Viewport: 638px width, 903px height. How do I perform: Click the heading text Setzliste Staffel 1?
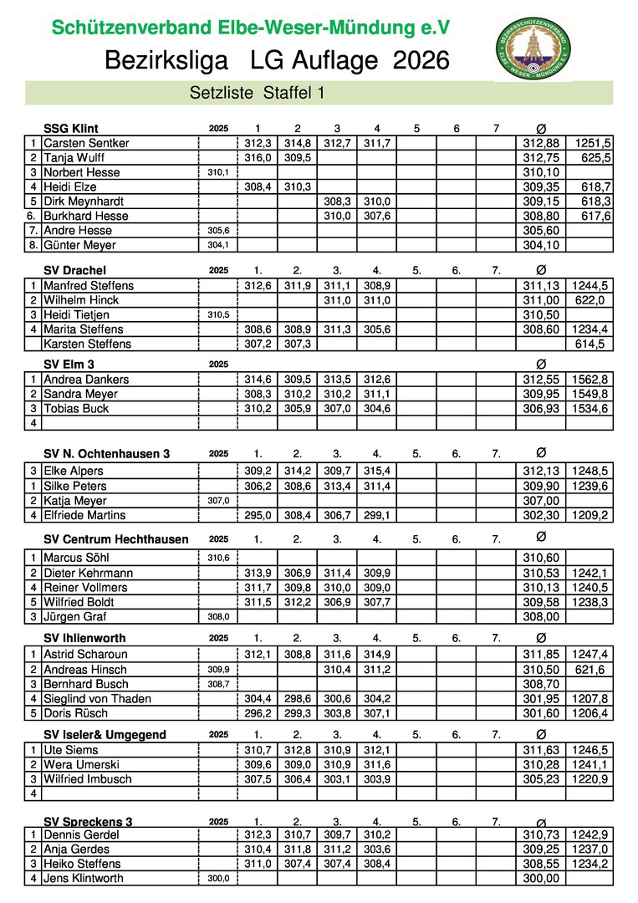[x=258, y=94]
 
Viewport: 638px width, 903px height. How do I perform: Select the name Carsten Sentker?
[x=86, y=143]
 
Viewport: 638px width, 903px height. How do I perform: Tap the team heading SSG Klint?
[x=70, y=128]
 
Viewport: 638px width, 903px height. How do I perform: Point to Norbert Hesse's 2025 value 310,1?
[x=218, y=172]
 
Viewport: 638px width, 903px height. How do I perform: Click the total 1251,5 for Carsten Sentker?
[x=591, y=143]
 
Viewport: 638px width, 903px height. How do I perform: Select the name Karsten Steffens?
[x=87, y=344]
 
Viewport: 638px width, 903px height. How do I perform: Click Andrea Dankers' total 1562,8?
[x=591, y=379]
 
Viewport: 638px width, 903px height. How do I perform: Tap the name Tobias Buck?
[x=76, y=408]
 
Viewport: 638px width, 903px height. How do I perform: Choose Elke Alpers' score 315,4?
[x=377, y=471]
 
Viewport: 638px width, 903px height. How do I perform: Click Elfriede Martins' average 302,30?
[x=541, y=515]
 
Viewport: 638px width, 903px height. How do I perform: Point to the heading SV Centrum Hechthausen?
[x=115, y=539]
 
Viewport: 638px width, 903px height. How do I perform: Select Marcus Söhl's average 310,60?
[x=541, y=558]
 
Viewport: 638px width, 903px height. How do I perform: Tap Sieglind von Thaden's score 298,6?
[x=297, y=698]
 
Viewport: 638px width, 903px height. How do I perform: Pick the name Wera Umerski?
[x=81, y=764]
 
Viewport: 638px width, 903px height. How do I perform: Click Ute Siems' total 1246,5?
[x=591, y=750]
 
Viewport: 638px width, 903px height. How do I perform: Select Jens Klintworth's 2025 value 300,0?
[x=218, y=878]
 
